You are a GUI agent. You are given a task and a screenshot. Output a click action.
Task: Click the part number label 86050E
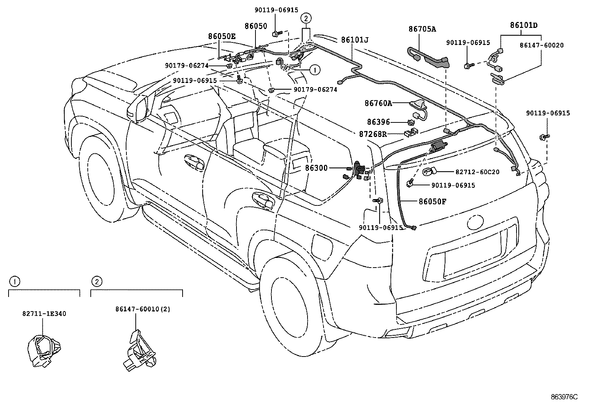point(222,36)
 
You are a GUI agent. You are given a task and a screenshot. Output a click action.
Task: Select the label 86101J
point(355,40)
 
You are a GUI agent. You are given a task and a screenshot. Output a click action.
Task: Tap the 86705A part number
point(422,29)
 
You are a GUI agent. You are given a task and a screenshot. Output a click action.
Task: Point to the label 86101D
point(524,25)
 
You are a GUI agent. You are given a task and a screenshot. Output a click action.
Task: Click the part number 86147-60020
point(542,45)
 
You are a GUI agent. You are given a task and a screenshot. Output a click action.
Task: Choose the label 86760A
point(379,103)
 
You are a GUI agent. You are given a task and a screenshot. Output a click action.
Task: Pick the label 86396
point(379,122)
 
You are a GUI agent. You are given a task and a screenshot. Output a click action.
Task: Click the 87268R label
point(373,134)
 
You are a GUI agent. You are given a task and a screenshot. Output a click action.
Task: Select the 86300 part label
point(316,168)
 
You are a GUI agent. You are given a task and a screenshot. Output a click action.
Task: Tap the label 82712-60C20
point(477,172)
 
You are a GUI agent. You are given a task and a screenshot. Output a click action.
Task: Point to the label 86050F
point(432,202)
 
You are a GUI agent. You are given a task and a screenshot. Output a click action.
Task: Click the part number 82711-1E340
point(44,313)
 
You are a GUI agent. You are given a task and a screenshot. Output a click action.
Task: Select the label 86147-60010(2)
point(143,309)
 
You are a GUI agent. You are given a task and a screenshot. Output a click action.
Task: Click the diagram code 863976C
point(564,397)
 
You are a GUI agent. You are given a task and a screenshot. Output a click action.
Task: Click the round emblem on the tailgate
point(475,222)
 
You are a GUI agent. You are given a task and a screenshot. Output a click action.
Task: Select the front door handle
point(195,162)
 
